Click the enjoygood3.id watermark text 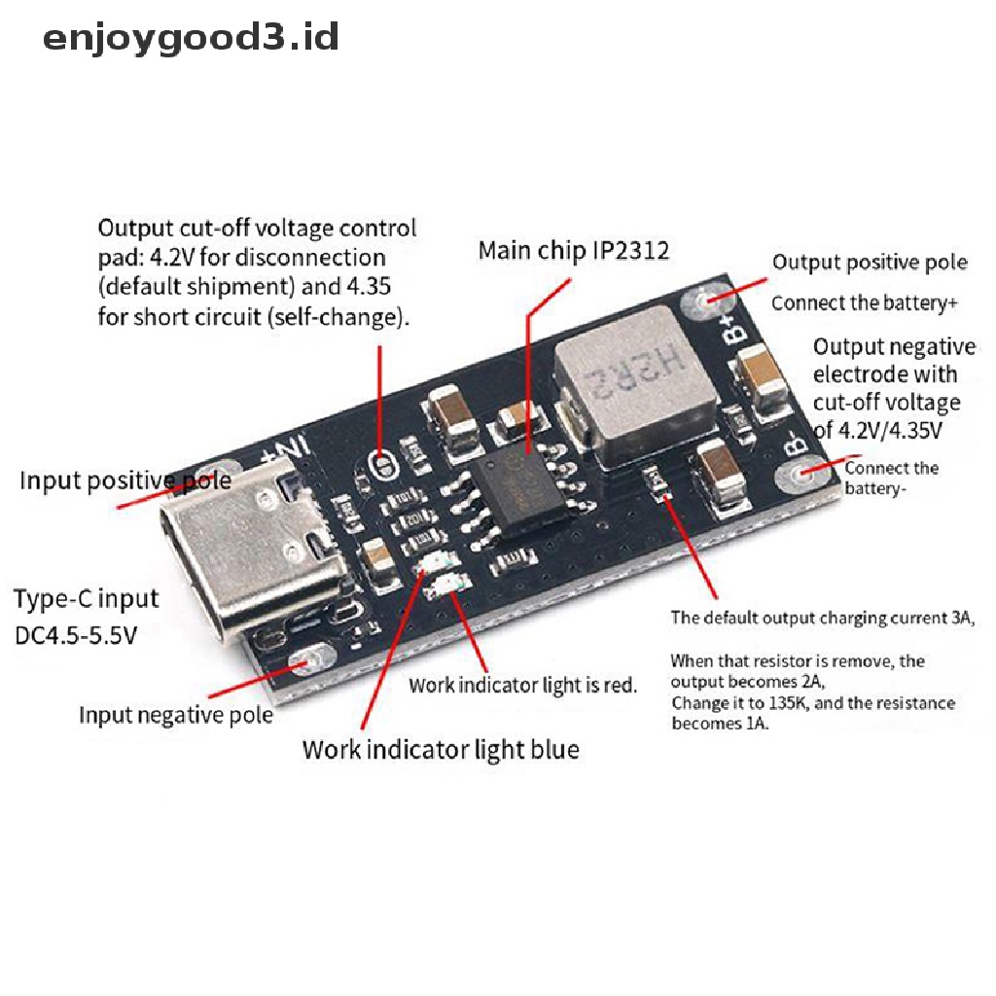click(191, 38)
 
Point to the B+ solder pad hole click(704, 300)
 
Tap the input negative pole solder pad click(311, 661)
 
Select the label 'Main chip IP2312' click(574, 251)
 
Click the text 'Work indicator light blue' click(441, 750)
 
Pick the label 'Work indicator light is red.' click(522, 686)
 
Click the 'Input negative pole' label click(176, 715)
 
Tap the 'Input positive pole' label click(125, 480)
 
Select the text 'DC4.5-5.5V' click(76, 634)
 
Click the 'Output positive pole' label click(870, 263)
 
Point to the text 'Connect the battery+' click(865, 303)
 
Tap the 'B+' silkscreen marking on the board click(736, 325)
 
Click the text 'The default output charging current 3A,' click(823, 618)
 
